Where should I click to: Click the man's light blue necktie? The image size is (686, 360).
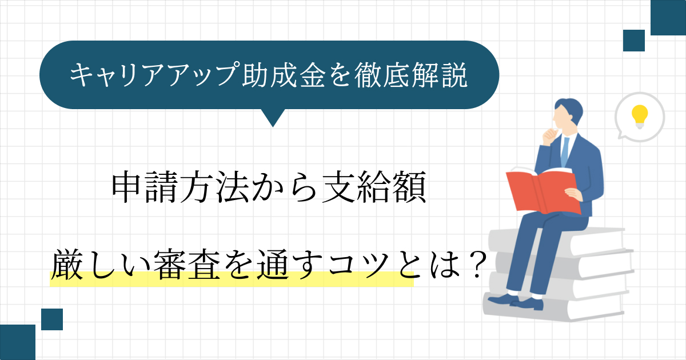pyautogui.click(x=564, y=152)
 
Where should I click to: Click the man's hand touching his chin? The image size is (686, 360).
pyautogui.click(x=550, y=137)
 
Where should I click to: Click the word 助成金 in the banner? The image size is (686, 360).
pyautogui.click(x=284, y=75)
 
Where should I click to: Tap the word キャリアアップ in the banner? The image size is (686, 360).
pyautogui.click(x=154, y=75)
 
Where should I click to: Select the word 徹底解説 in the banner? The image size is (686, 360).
pyautogui.click(x=411, y=75)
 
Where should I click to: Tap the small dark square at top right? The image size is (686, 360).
pyautogui.click(x=634, y=41)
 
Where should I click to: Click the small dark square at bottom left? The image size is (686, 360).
pyautogui.click(x=52, y=319)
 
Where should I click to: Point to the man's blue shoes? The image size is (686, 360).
pyautogui.click(x=516, y=302)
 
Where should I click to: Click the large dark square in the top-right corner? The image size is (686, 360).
pyautogui.click(x=668, y=18)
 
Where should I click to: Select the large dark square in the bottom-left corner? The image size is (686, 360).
pyautogui.click(x=18, y=342)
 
